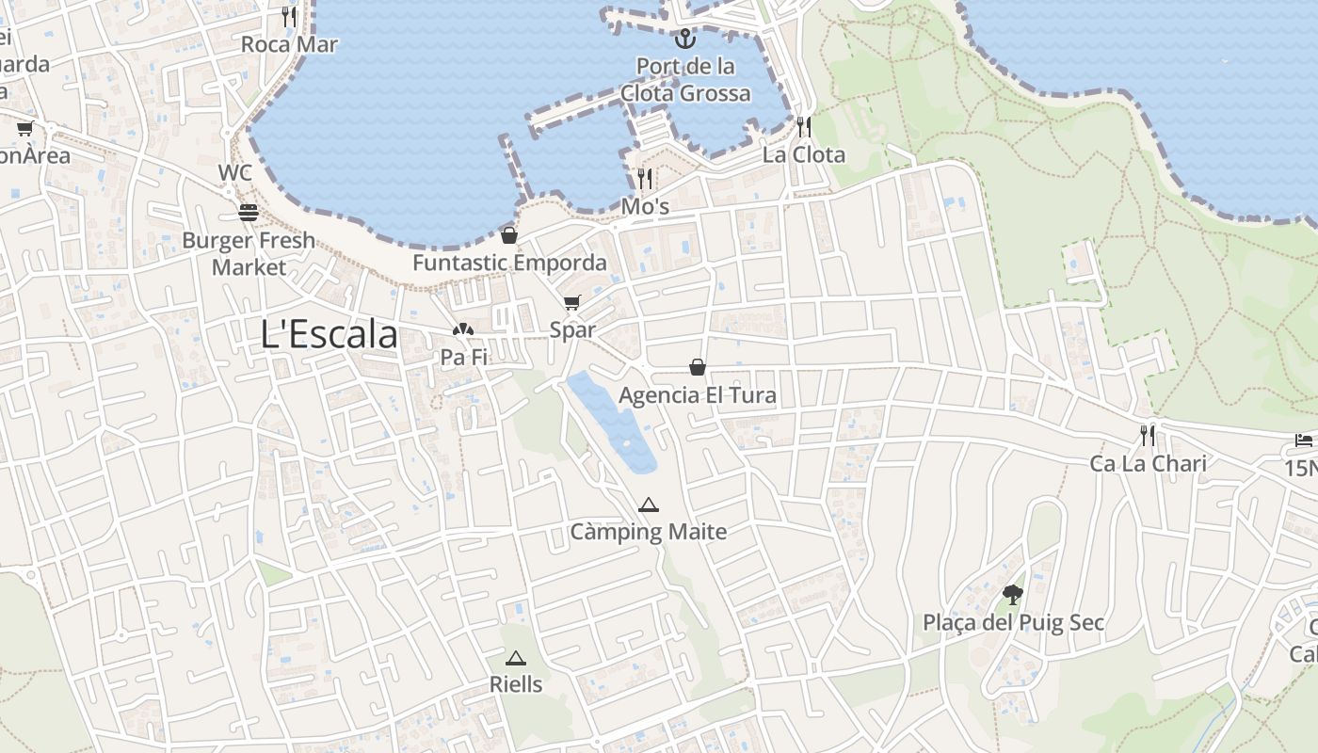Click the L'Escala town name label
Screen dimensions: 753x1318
(329, 334)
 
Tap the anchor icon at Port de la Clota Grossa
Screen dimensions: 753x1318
(685, 39)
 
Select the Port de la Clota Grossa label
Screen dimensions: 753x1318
(685, 80)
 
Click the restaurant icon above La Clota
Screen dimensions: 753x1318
(804, 126)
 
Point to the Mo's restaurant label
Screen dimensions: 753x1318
(645, 206)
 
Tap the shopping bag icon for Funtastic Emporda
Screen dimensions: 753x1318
(509, 235)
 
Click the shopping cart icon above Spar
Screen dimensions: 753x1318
(572, 302)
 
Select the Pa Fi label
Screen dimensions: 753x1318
(464, 358)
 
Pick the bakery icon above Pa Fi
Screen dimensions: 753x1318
(462, 330)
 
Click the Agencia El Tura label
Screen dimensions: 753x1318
(698, 394)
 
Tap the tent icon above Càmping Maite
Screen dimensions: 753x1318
(648, 505)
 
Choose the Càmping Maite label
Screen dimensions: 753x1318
(649, 532)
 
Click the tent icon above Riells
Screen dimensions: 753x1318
(515, 658)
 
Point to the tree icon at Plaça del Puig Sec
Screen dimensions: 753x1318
(1013, 595)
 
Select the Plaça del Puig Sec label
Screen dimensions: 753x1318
(1013, 623)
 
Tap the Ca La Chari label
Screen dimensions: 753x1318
(1148, 463)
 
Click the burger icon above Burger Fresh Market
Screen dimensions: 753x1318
(249, 213)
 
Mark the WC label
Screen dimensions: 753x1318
(235, 173)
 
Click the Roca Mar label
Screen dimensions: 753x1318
(289, 44)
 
